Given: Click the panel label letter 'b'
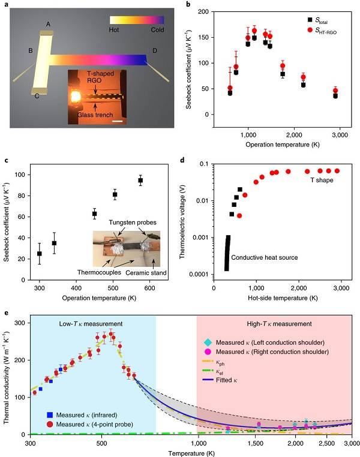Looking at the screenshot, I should click(189, 5).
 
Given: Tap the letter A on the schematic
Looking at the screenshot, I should click(47, 25).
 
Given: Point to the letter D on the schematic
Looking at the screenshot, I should click(155, 50).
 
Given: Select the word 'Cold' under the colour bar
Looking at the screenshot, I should click(158, 29).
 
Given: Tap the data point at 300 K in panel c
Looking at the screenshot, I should click(40, 253).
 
